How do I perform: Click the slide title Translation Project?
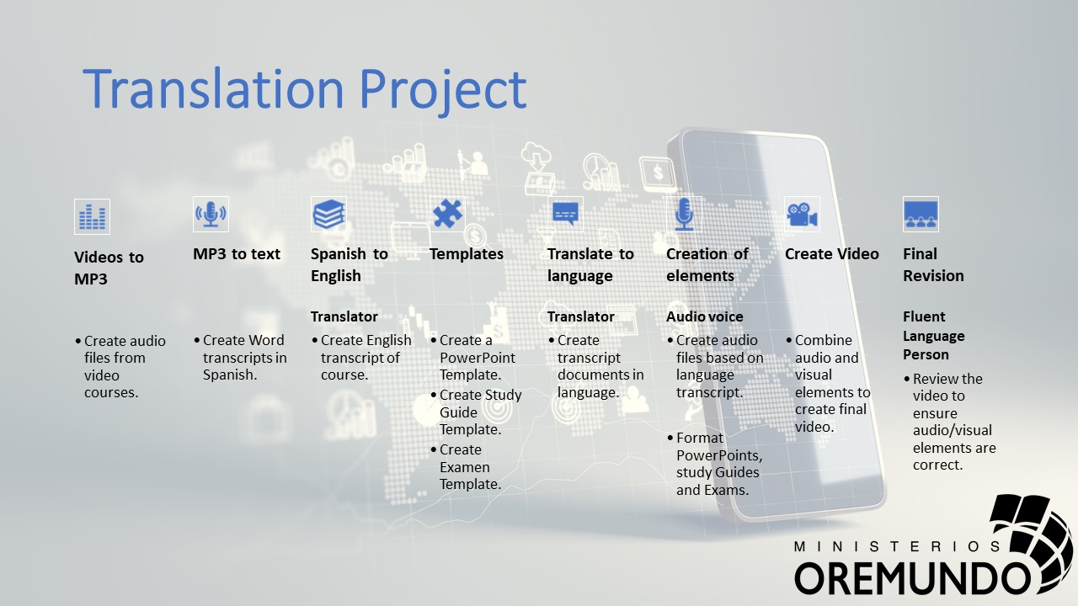pyautogui.click(x=305, y=89)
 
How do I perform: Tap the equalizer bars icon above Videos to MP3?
pyautogui.click(x=92, y=216)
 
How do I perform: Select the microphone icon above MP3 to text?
pyautogui.click(x=211, y=214)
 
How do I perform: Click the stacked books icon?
pyautogui.click(x=329, y=214)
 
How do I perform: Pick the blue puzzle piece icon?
pyautogui.click(x=447, y=214)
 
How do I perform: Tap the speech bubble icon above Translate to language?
pyautogui.click(x=565, y=214)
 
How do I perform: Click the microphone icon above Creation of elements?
pyautogui.click(x=684, y=214)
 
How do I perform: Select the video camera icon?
pyautogui.click(x=803, y=214)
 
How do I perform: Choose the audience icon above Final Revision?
pyautogui.click(x=921, y=214)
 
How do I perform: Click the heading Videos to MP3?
pyautogui.click(x=109, y=268)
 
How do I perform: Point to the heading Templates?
pyautogui.click(x=467, y=254)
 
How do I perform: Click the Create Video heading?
pyautogui.click(x=831, y=254)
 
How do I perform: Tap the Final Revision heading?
pyautogui.click(x=933, y=265)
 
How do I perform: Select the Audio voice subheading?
pyautogui.click(x=705, y=316)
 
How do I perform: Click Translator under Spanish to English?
pyautogui.click(x=344, y=316)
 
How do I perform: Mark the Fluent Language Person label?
pyautogui.click(x=934, y=336)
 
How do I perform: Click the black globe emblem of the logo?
pyautogui.click(x=1030, y=541)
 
